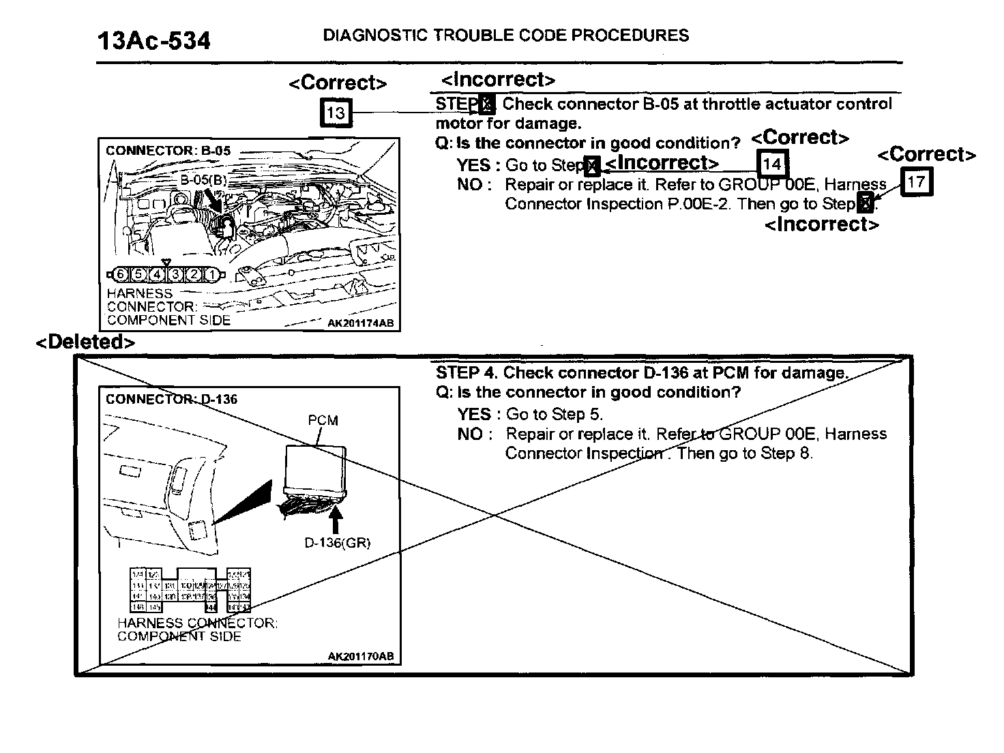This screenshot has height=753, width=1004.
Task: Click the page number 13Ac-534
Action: (154, 41)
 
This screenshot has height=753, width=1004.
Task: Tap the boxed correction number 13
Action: (336, 113)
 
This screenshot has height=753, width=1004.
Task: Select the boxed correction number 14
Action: (772, 164)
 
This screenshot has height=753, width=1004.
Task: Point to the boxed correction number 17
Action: (916, 182)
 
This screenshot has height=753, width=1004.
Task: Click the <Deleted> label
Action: (85, 342)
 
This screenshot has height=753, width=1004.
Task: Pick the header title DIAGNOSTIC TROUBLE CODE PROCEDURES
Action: (505, 35)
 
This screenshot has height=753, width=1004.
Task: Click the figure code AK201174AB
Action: (360, 323)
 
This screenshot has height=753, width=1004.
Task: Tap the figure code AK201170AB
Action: (360, 656)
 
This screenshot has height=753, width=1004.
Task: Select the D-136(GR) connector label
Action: (337, 543)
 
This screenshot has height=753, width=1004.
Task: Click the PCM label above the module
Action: (323, 420)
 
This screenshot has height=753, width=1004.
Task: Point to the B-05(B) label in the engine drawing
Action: (203, 180)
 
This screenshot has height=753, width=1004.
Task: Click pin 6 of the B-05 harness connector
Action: (121, 275)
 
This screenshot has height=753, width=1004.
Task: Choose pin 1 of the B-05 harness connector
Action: (213, 275)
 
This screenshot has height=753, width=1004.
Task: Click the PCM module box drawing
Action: (316, 468)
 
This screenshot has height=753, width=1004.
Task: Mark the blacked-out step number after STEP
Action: (486, 105)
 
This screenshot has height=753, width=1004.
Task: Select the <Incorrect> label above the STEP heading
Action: (498, 80)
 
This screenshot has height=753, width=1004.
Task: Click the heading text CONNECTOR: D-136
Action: (171, 399)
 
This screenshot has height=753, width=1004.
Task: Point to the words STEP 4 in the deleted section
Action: (467, 372)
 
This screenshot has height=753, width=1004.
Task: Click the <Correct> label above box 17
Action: (926, 155)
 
